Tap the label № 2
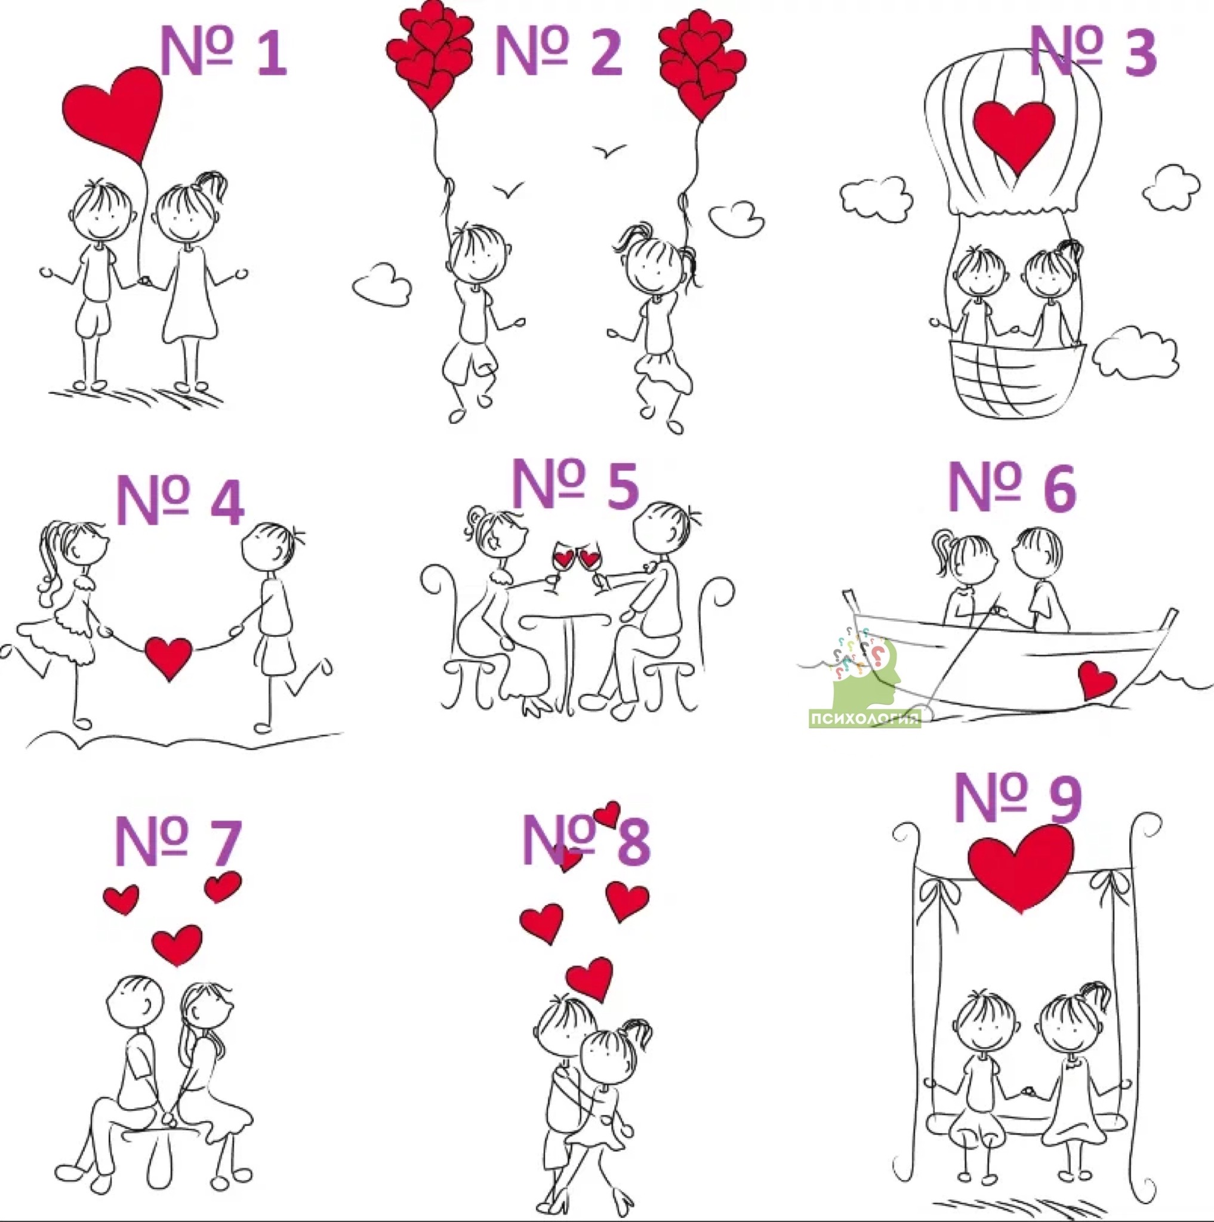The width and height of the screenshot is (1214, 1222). click(559, 51)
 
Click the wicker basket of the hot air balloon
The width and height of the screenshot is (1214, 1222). click(1019, 379)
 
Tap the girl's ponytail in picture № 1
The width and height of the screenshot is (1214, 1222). click(213, 183)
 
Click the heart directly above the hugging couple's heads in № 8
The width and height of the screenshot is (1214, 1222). click(589, 979)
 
